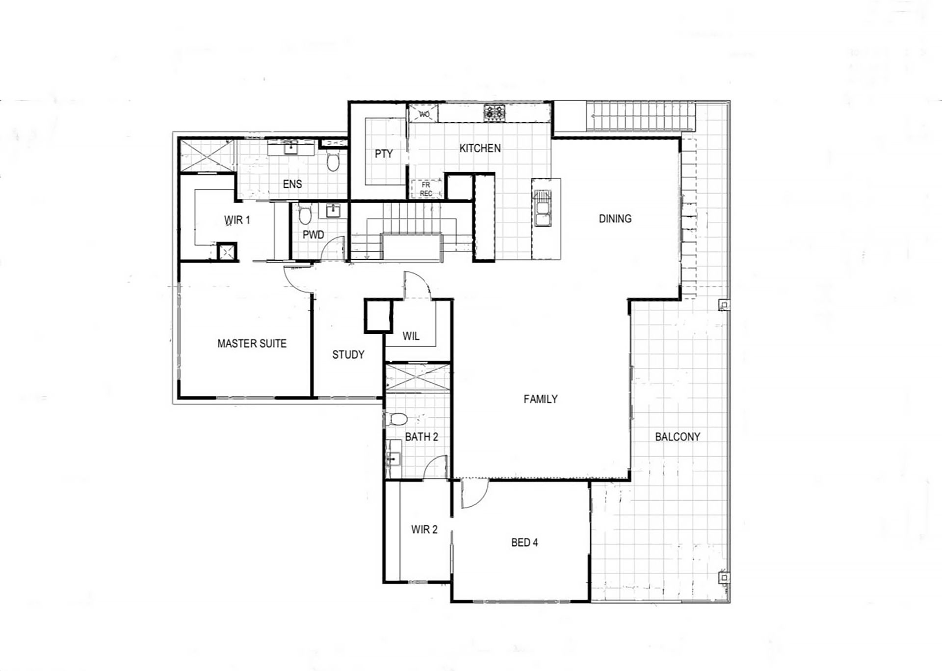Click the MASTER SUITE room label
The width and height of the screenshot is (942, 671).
(x=252, y=344)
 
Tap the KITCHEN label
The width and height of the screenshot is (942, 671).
(x=480, y=148)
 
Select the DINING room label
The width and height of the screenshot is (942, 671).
(x=615, y=219)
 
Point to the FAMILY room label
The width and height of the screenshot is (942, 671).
(x=541, y=399)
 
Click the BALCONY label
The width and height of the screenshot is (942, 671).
(x=678, y=437)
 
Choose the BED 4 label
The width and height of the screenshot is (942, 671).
(x=524, y=542)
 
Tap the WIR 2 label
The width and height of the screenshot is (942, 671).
(x=424, y=530)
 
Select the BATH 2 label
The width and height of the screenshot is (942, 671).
(x=421, y=437)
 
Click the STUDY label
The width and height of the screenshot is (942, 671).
(x=348, y=355)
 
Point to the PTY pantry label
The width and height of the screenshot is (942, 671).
(x=384, y=154)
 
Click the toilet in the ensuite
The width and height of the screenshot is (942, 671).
(x=333, y=161)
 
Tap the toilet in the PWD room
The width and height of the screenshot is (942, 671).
(x=305, y=215)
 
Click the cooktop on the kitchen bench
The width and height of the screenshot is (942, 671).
(x=495, y=112)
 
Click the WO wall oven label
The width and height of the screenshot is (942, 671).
(x=424, y=114)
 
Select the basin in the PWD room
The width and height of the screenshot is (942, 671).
(x=334, y=211)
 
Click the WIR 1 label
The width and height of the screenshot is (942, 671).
(x=237, y=220)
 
